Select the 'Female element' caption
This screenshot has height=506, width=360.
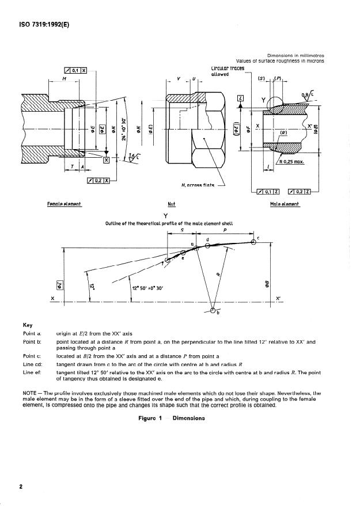65,204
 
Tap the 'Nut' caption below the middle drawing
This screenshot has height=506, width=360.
171,204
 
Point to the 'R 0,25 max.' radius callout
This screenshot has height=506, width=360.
291,162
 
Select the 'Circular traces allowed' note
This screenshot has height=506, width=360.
228,71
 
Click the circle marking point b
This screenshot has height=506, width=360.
213,311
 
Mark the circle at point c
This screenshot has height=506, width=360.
254,242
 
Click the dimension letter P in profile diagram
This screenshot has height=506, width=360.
225,229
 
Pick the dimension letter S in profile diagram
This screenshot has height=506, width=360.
182,229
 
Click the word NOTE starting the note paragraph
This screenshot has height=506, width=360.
29,393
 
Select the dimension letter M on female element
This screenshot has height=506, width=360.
65,78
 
